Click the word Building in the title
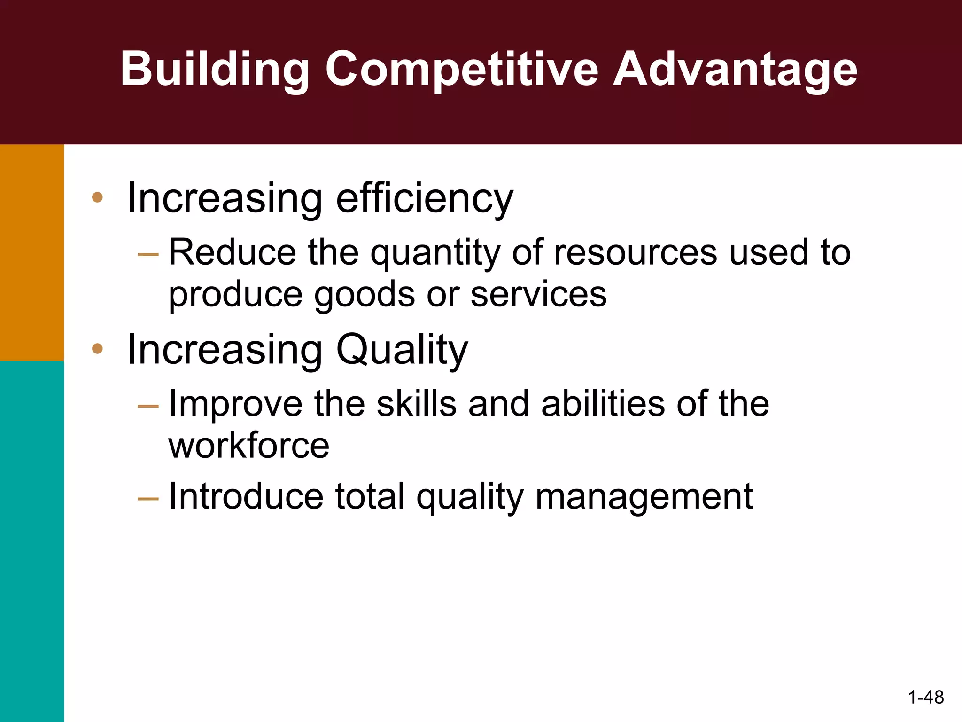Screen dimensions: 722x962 click(x=214, y=70)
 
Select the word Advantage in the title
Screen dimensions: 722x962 click(x=735, y=70)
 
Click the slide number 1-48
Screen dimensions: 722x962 click(x=926, y=697)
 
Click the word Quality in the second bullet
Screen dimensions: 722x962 click(x=402, y=350)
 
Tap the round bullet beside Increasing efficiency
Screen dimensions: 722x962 click(x=97, y=197)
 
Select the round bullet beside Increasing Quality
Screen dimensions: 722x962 click(x=97, y=348)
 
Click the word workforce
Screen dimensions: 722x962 click(x=249, y=446)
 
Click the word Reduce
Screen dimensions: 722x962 click(x=233, y=253)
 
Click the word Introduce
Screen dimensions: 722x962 click(x=246, y=496)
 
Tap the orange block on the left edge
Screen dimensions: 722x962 click(x=32, y=252)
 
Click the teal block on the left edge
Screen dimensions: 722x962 click(x=32, y=541)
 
